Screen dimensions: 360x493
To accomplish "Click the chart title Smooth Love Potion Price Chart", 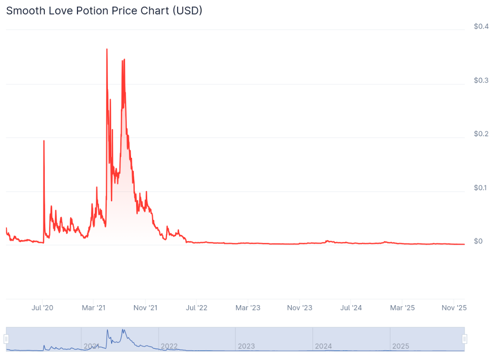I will click(x=104, y=11).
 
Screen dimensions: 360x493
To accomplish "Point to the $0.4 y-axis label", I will click(x=481, y=26).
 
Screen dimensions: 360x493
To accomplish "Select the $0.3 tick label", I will click(x=481, y=80).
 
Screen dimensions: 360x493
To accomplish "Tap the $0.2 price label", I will click(x=481, y=134).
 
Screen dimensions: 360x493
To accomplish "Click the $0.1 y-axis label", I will click(x=481, y=188).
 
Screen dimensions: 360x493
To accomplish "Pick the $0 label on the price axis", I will click(x=478, y=241).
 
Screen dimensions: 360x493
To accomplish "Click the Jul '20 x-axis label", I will click(x=42, y=308).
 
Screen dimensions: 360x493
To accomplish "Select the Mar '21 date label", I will click(x=94, y=308).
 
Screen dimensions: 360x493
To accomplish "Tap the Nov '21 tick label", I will click(x=145, y=308).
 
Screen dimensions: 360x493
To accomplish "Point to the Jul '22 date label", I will click(x=196, y=308).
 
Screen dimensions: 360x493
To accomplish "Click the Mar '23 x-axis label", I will click(x=248, y=308).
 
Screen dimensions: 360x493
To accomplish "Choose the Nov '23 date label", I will click(x=299, y=308).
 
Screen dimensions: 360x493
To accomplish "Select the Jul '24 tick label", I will click(x=351, y=308).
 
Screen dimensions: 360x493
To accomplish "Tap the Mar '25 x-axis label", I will click(x=402, y=308).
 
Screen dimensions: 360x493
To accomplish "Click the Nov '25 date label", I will click(x=454, y=308).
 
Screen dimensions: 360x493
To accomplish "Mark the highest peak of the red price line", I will click(x=106, y=49).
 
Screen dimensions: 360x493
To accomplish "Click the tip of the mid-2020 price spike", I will click(x=44, y=141).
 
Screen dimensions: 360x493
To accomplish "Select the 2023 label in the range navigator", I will click(x=246, y=346).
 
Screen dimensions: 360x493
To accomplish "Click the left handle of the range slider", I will click(x=6, y=339).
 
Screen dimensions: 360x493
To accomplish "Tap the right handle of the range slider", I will click(x=465, y=339).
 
